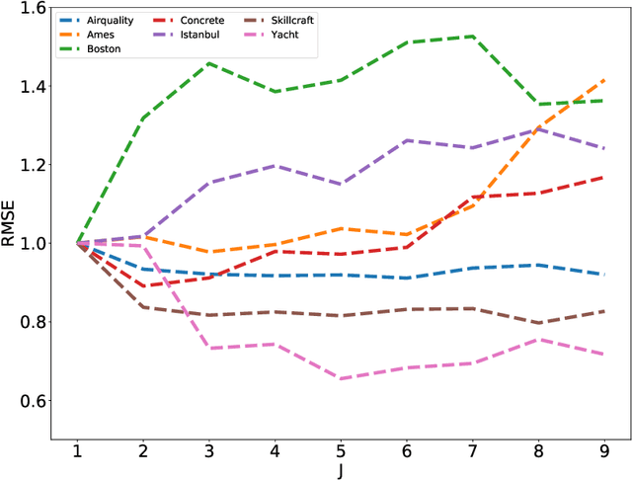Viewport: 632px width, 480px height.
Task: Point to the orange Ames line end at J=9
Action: (603, 80)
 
